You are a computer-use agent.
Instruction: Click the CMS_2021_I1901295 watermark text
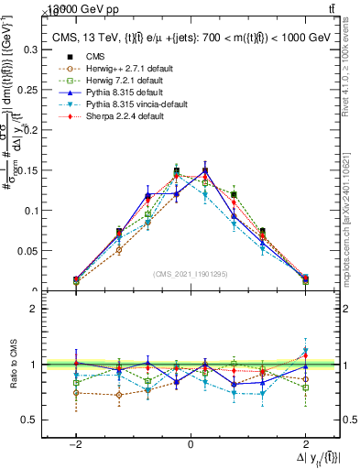pyautogui.click(x=191, y=274)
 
